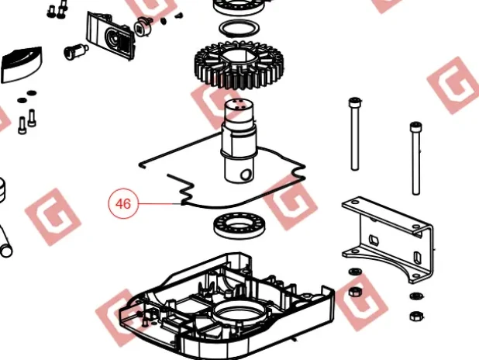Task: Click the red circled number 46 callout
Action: [123, 203]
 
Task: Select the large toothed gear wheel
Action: [239, 65]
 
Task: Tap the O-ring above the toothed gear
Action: [239, 29]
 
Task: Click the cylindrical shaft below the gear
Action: [239, 140]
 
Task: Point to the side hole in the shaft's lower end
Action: [245, 175]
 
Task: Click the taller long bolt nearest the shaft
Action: [355, 133]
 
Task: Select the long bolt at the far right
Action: [415, 158]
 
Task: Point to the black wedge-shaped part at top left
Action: [22, 65]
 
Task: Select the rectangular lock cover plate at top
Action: [111, 36]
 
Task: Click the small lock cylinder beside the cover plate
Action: [143, 26]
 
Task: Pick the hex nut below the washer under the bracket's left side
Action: [355, 291]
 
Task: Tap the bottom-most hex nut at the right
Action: [415, 316]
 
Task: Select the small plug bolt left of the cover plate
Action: [76, 51]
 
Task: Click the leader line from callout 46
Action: [160, 203]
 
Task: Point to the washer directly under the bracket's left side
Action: [355, 272]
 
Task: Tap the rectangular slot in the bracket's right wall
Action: [417, 256]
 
